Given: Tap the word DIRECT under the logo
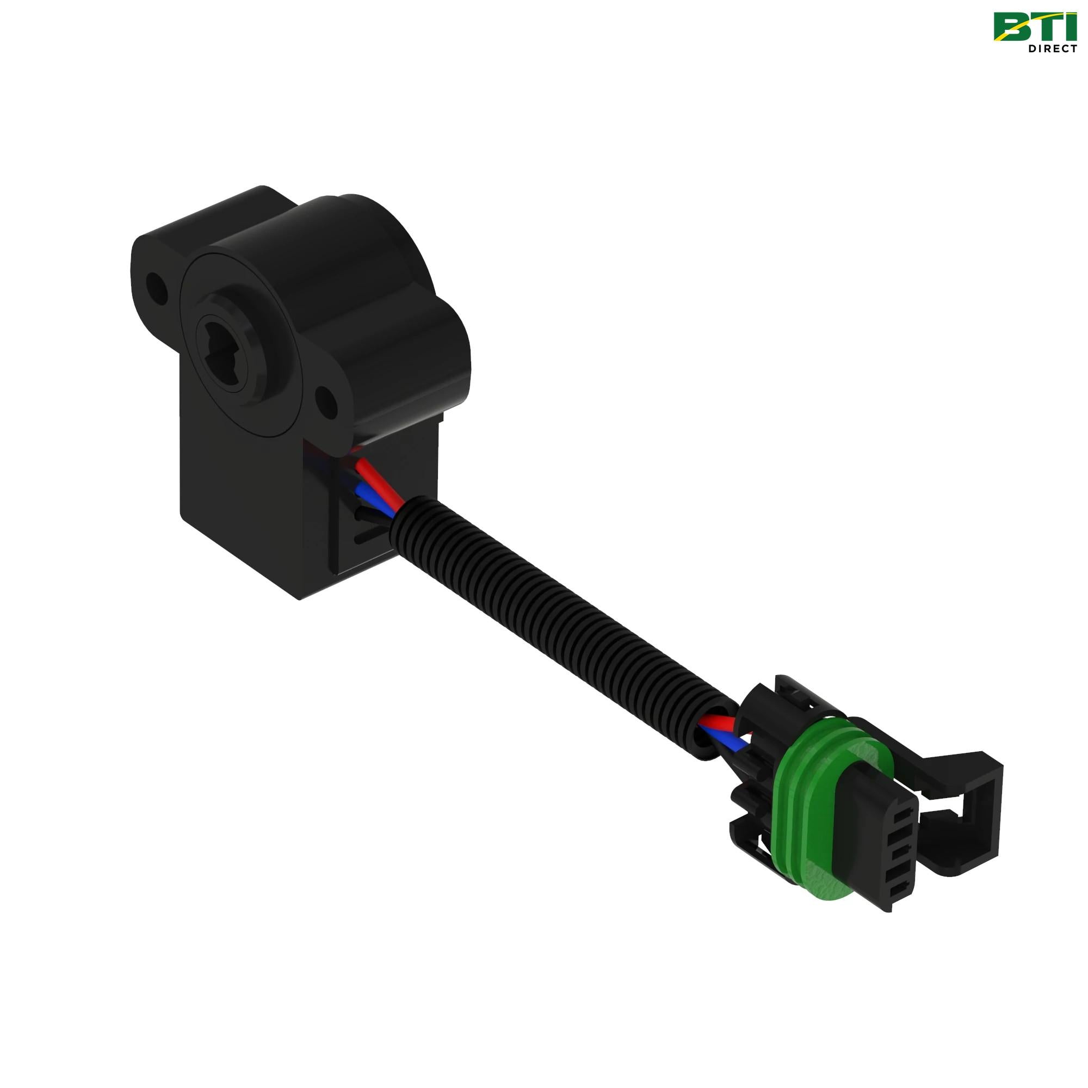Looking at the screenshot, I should click(1053, 48).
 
